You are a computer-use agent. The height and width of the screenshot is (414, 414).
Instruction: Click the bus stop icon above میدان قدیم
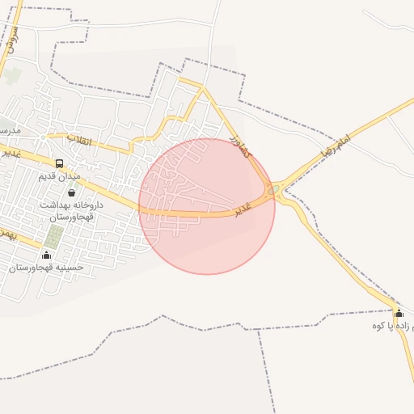click(59, 163)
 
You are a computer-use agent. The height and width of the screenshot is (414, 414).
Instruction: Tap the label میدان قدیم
click(60, 175)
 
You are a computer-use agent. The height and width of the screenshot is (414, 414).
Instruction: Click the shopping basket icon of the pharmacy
click(72, 193)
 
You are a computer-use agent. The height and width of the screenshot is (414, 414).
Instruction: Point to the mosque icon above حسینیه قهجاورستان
click(45, 256)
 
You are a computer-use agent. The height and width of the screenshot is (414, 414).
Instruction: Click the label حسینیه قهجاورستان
click(47, 268)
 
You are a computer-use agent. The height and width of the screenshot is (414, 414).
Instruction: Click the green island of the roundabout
click(276, 191)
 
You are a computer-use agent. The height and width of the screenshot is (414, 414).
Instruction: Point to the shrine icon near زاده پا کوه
click(398, 313)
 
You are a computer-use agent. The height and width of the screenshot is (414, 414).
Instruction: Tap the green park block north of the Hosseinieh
click(54, 237)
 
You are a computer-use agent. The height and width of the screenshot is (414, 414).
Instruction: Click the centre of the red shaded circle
click(207, 206)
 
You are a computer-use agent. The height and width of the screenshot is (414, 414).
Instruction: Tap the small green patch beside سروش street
click(14, 76)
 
